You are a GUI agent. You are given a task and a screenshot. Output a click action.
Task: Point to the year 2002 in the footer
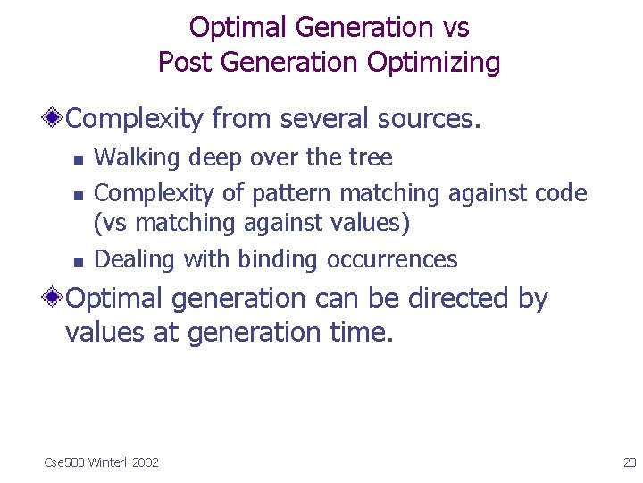(x=145, y=462)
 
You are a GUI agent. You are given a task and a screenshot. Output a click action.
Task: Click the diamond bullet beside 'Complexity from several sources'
(x=55, y=118)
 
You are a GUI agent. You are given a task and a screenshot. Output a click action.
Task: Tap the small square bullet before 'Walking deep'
(x=78, y=159)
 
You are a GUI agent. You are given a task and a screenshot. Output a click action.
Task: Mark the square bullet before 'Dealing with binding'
(x=78, y=261)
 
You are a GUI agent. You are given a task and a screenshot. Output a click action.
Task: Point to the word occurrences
(x=392, y=260)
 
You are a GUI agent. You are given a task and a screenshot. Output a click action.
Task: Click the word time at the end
(x=360, y=333)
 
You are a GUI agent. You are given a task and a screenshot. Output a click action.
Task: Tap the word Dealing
(x=135, y=260)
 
